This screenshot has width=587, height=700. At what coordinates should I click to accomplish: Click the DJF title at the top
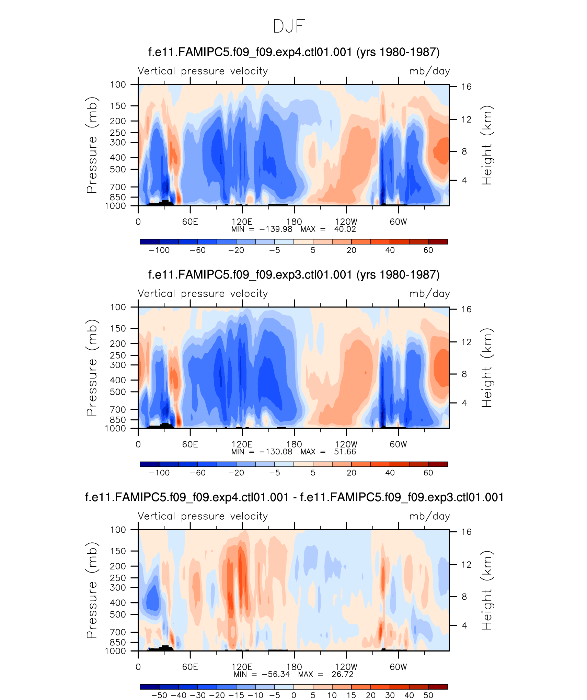click(x=289, y=26)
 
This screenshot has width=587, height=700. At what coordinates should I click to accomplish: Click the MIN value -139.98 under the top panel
click(x=276, y=229)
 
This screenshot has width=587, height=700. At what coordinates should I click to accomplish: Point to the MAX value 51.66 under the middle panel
click(x=345, y=452)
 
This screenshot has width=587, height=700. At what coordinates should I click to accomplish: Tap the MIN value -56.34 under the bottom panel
click(x=276, y=674)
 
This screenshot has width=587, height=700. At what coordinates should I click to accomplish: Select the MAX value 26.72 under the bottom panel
click(x=342, y=674)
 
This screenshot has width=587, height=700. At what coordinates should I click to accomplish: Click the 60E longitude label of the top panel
click(x=190, y=222)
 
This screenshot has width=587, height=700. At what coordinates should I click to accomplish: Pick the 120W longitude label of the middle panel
click(x=346, y=444)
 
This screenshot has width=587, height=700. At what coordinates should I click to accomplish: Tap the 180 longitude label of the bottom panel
click(x=294, y=667)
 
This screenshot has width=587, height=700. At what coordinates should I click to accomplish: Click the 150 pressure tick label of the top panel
click(x=118, y=106)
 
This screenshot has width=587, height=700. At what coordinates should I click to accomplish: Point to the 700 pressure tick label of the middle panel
click(x=118, y=409)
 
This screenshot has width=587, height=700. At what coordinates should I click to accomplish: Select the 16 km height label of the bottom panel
click(x=466, y=532)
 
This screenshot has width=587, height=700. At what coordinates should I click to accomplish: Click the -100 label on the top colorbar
click(x=159, y=250)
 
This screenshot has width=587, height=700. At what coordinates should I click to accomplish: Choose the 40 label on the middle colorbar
click(x=390, y=473)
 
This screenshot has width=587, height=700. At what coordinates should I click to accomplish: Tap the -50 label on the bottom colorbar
click(x=159, y=696)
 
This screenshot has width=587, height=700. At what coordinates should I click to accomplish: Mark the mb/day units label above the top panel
click(x=429, y=71)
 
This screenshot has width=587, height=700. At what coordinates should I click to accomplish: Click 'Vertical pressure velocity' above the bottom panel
click(x=203, y=516)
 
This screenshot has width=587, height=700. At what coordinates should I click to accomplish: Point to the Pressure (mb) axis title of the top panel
click(x=92, y=145)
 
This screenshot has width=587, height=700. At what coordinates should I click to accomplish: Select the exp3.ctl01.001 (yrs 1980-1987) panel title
click(x=294, y=275)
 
